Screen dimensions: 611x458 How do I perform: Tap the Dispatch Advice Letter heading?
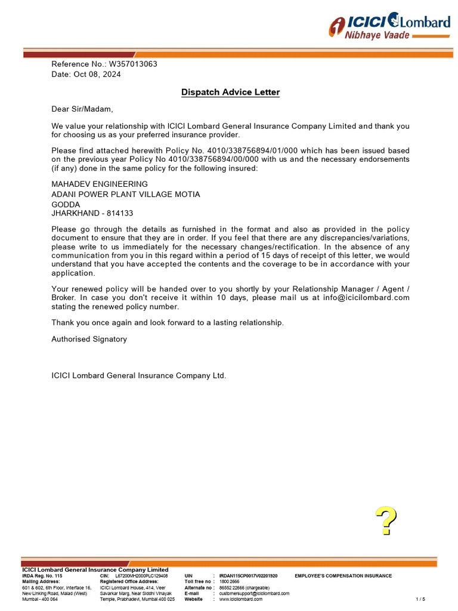pyautogui.click(x=230, y=92)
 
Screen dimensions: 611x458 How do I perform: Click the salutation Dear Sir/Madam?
pyautogui.click(x=82, y=109)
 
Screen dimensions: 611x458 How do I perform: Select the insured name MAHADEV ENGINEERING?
pyautogui.click(x=100, y=184)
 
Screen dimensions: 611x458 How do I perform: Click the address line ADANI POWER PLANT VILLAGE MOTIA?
pyautogui.click(x=126, y=195)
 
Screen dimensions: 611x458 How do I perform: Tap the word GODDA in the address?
pyautogui.click(x=66, y=204)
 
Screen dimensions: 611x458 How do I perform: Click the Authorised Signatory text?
pyautogui.click(x=89, y=339)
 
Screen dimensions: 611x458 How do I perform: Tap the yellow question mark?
pyautogui.click(x=386, y=521)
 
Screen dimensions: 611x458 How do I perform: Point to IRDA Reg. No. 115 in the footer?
pyautogui.click(x=42, y=576)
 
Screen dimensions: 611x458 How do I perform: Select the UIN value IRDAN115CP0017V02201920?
pyautogui.click(x=248, y=576)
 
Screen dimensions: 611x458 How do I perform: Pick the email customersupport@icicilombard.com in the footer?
pyautogui.click(x=254, y=594)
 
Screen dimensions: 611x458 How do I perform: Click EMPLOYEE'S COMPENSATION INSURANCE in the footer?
pyautogui.click(x=343, y=576)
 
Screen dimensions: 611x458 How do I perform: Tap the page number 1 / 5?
pyautogui.click(x=420, y=599)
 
